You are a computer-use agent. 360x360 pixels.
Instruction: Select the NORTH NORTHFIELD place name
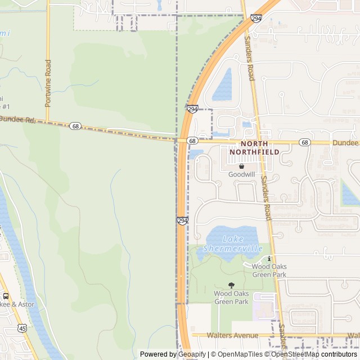[x=255, y=148]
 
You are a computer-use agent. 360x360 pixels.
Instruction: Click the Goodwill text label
[x=241, y=174]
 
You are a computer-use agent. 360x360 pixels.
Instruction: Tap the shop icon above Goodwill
[x=241, y=166]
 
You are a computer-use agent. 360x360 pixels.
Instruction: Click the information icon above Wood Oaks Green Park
[x=269, y=258]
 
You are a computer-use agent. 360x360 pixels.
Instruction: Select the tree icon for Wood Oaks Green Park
[x=231, y=285]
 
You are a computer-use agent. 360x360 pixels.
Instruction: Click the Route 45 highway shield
[x=21, y=327]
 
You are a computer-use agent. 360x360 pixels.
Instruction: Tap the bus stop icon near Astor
[x=6, y=296]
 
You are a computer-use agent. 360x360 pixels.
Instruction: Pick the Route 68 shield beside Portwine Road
[x=75, y=126]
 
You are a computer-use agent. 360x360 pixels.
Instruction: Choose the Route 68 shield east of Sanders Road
[x=304, y=142]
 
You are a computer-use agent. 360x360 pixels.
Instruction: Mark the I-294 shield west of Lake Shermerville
[x=182, y=221]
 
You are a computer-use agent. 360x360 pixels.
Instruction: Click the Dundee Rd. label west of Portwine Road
[x=17, y=120]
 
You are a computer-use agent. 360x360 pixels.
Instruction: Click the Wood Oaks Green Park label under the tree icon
[x=231, y=298]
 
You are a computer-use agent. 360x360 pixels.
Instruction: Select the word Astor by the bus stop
[x=25, y=304]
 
